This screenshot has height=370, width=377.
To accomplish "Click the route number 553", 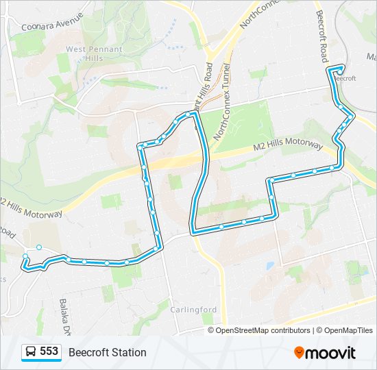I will coord(49,351).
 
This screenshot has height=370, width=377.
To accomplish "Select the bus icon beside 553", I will coord(31,352).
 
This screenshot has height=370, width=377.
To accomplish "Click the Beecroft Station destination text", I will coord(107,352).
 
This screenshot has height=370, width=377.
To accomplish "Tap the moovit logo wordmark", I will coord(330,353).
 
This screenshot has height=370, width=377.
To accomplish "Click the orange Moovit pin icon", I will coord(300,352).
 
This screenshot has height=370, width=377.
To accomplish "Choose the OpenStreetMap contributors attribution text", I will coord(263,330).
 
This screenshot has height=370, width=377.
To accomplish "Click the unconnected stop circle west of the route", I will coord(39,247).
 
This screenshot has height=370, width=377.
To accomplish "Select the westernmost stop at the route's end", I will coord(25,256).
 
